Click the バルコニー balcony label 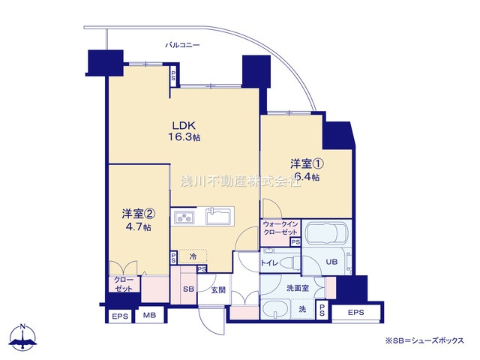183,46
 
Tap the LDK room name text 184,125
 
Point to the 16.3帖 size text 184,137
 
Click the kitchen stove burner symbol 184,219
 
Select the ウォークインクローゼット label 280,228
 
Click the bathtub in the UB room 327,235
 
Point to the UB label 331,262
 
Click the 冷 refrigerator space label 193,256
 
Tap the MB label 149,316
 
